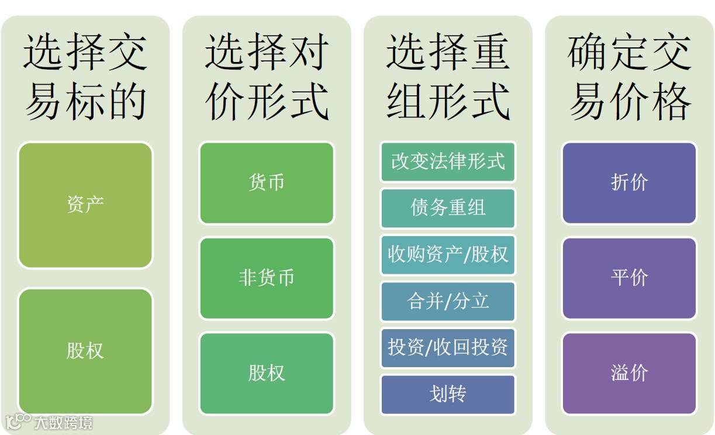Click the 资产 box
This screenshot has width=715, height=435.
point(85,205)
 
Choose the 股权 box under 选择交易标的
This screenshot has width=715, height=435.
point(85,351)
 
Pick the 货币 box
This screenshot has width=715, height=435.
point(267,183)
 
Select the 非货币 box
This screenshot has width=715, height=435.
point(267,278)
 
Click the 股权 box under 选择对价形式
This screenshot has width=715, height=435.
point(267,373)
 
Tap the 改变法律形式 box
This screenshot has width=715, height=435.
point(448,161)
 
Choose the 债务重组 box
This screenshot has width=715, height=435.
point(448,208)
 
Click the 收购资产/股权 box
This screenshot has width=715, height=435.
point(448,254)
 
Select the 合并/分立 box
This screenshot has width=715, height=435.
point(448,301)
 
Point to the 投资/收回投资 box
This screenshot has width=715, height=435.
point(448,347)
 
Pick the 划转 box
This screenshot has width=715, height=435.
point(448,394)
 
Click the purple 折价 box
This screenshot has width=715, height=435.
point(630,183)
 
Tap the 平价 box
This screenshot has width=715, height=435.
point(630,278)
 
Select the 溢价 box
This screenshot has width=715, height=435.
point(630,373)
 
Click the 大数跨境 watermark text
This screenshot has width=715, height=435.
point(63,422)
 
